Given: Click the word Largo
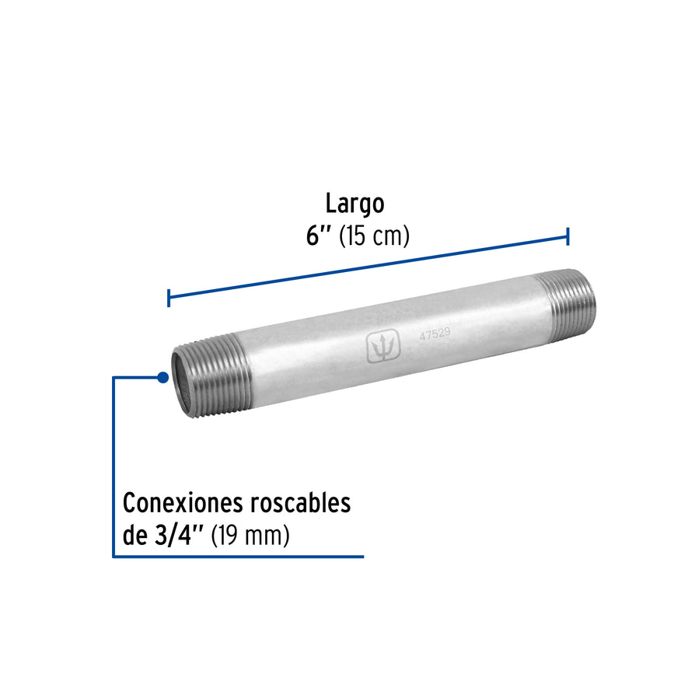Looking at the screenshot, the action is [x=354, y=204].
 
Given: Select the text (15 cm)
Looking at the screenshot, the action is [x=374, y=236].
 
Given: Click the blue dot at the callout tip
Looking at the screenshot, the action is [x=162, y=377].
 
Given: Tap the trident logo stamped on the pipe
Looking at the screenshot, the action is [x=383, y=347].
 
